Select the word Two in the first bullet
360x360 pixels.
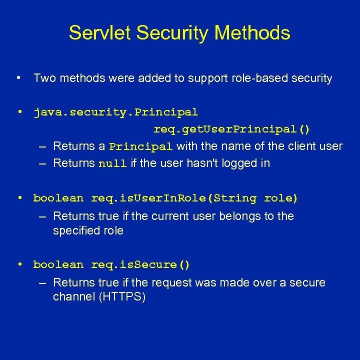coord(43,78)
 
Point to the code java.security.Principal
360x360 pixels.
coord(115,112)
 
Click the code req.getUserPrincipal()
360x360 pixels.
coord(231,129)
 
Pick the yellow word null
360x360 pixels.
coord(112,163)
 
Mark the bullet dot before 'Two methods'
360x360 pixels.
coord(18,78)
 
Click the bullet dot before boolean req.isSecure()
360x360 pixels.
coord(18,264)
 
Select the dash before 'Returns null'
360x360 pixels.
coord(43,163)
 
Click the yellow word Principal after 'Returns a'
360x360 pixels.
coord(141,146)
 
